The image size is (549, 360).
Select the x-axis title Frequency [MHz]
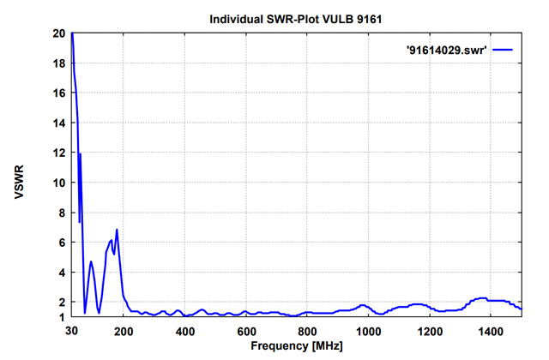[x=296, y=346]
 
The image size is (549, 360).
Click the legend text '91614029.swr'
[x=446, y=51]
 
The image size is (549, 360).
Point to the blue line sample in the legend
[x=502, y=51]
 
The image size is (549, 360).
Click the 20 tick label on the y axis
[x=58, y=33]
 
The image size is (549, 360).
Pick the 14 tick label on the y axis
[x=58, y=123]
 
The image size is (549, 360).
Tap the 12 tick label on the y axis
[x=58, y=153]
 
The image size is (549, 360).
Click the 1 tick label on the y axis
[x=61, y=317]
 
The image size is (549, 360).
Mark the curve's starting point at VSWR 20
[x=72, y=34]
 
